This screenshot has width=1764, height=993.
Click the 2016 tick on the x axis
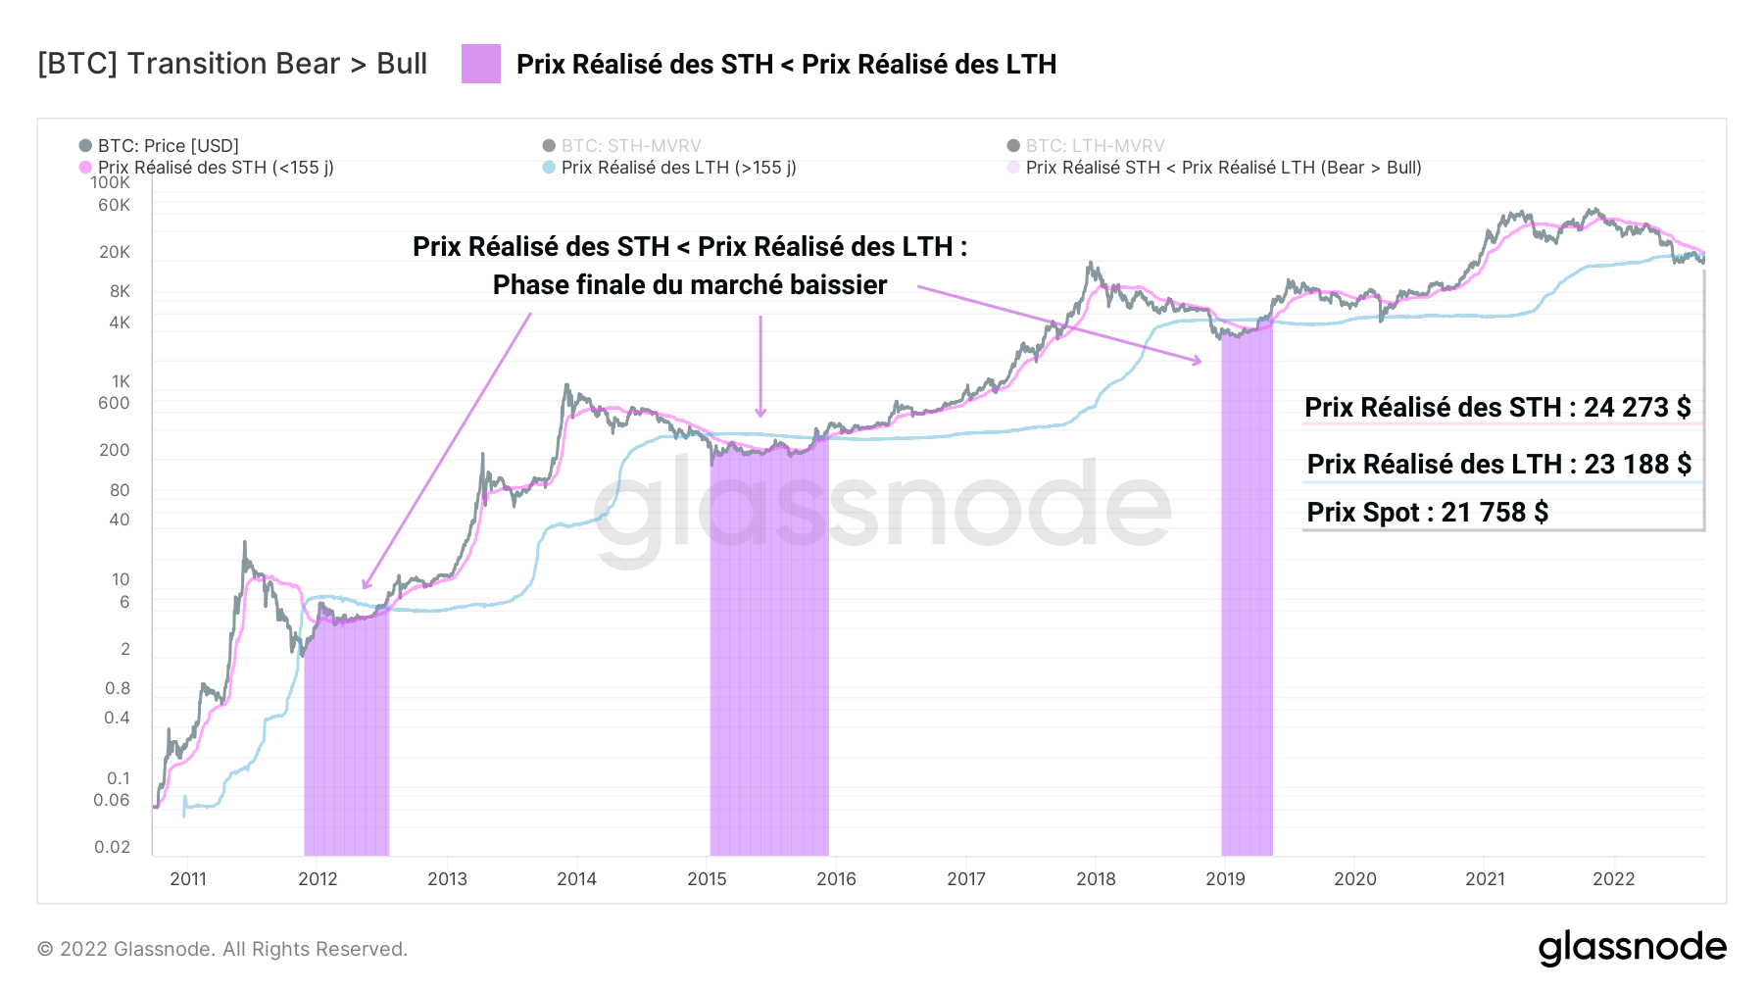[x=836, y=878]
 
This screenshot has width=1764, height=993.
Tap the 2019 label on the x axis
[x=1225, y=878]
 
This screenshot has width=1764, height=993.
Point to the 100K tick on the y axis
[x=110, y=183]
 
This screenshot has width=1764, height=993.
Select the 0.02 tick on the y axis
[x=112, y=847]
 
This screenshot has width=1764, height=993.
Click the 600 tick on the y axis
[x=114, y=403]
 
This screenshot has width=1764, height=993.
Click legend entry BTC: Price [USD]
[x=168, y=146]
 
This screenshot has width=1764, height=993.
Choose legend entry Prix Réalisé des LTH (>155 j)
[x=678, y=168]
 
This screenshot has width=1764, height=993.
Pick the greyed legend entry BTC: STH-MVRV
[x=630, y=146]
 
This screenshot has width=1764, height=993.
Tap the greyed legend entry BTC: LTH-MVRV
[x=1095, y=146]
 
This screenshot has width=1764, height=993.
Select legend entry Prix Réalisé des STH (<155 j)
[x=216, y=168]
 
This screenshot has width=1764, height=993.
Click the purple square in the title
[x=481, y=64]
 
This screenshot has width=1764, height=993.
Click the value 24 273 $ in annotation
[x=1637, y=407]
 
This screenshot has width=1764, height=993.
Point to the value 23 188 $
[x=1638, y=464]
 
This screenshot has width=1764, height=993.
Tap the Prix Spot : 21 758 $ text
[x=1427, y=512]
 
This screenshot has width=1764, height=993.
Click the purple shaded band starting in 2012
[x=346, y=735]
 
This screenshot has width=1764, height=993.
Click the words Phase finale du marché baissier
[x=690, y=285]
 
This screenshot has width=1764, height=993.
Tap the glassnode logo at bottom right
[x=1632, y=947]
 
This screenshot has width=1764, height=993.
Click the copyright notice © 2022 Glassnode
[x=222, y=949]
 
